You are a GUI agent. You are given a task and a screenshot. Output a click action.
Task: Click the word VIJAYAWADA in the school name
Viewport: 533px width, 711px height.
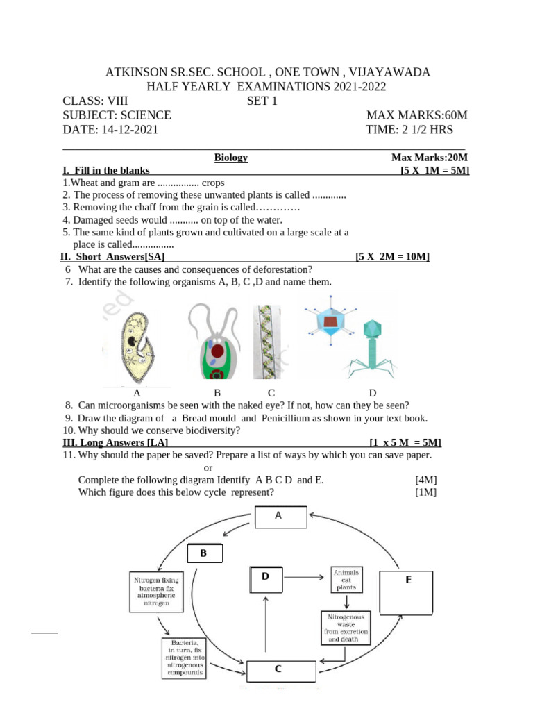point(390,72)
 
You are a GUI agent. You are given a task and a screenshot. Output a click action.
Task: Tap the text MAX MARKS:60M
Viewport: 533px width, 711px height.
point(416,115)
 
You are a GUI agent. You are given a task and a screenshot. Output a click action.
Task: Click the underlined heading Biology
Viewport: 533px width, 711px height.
point(231,158)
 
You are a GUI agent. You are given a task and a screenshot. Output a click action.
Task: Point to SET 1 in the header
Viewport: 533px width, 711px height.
point(262,101)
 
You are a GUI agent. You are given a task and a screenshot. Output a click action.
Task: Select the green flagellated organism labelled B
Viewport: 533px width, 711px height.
point(216,344)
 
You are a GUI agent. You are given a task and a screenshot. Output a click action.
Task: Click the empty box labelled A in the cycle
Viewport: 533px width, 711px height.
point(280,517)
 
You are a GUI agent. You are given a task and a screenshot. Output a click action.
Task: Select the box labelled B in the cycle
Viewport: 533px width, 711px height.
point(205,553)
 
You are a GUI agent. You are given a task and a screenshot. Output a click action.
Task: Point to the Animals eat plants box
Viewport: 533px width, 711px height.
point(346,580)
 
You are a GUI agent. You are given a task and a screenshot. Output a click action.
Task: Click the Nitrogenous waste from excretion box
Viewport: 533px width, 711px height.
point(345,628)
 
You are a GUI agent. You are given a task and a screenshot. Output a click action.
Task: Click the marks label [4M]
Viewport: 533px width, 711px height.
point(425,480)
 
